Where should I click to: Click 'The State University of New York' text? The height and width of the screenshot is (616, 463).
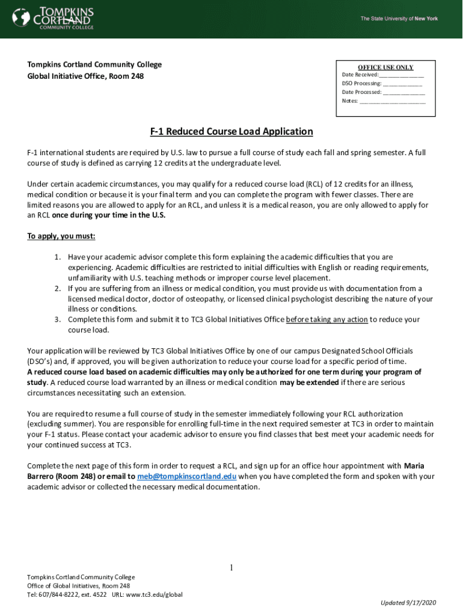point(399,19)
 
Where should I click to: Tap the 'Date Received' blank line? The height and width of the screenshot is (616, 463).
point(401,75)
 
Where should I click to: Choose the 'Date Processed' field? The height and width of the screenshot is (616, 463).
point(403,92)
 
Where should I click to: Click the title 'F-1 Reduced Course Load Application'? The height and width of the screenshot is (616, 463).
point(231,132)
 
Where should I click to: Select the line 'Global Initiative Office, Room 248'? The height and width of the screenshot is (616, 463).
point(85,76)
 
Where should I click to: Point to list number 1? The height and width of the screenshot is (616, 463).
point(58,257)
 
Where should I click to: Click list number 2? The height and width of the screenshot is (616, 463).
point(58,289)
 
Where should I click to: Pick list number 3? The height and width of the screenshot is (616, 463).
point(58,319)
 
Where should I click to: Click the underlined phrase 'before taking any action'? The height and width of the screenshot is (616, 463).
point(327,319)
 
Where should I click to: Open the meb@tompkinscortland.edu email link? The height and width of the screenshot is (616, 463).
point(186,476)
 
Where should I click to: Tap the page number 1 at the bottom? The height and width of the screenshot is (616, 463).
point(231,568)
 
